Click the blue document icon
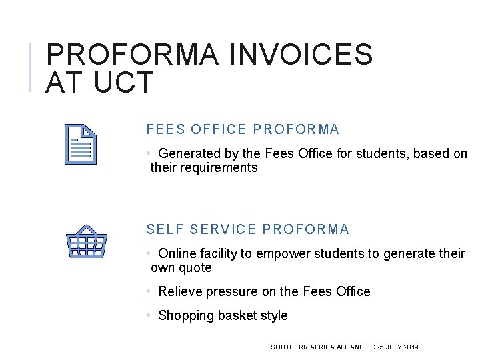click(x=81, y=143)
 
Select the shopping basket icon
click(x=87, y=241)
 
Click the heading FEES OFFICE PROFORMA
click(x=243, y=129)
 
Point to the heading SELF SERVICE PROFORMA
click(x=247, y=229)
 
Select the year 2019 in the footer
click(x=411, y=347)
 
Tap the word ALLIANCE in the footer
click(x=352, y=347)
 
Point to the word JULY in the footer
click(x=393, y=347)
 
